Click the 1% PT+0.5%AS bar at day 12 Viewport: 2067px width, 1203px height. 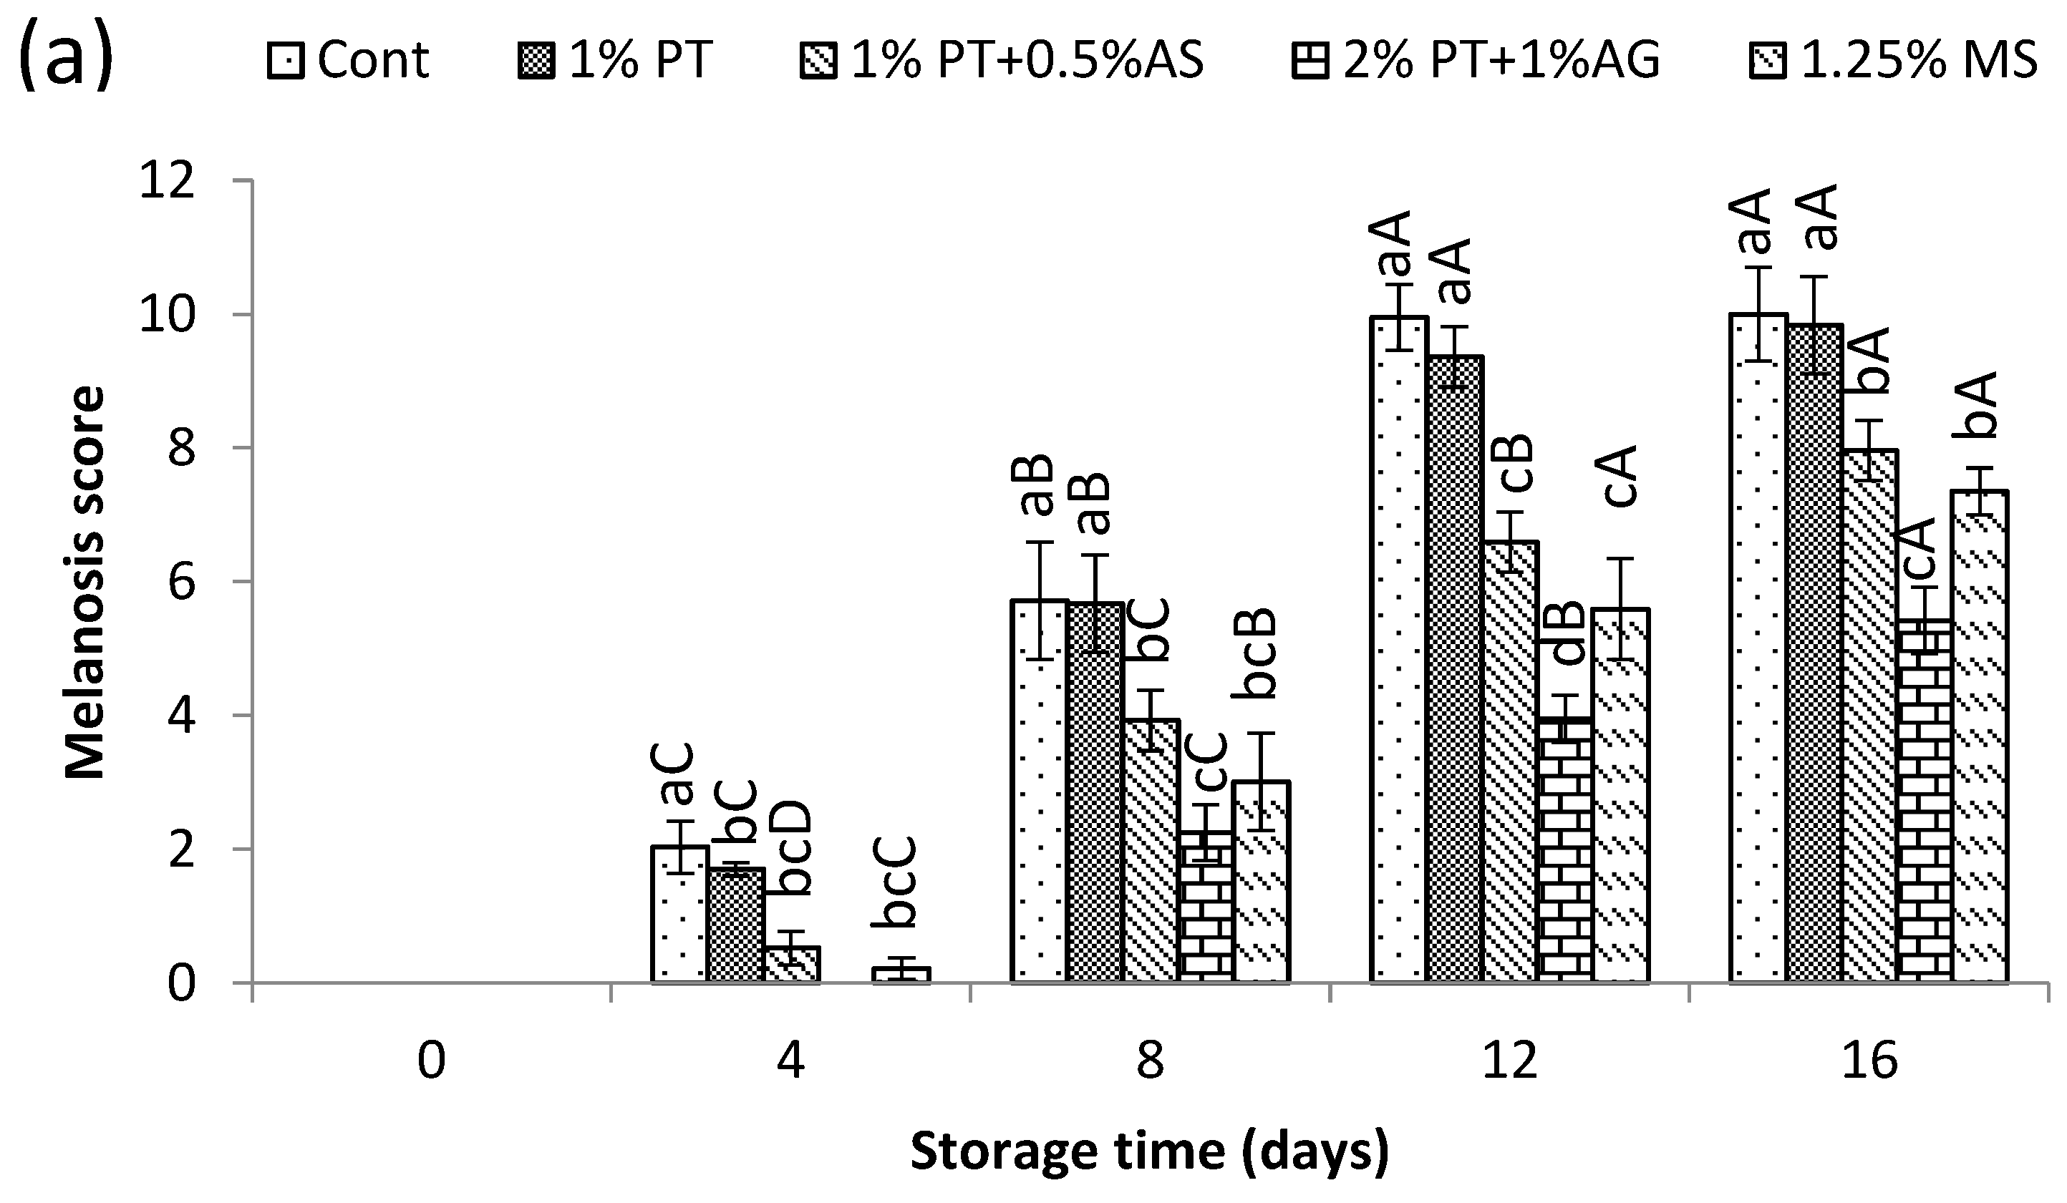(1511, 762)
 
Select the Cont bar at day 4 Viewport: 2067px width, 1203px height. (680, 915)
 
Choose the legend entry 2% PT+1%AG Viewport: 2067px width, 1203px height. (1476, 60)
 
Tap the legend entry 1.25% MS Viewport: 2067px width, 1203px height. (1894, 60)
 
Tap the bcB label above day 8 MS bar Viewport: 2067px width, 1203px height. (1255, 652)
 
